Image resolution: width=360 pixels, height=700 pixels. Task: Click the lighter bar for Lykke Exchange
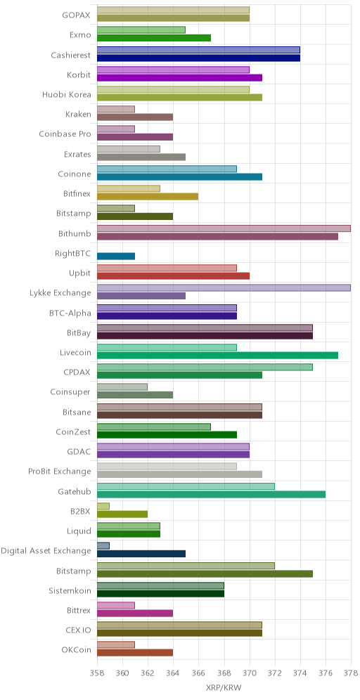click(224, 288)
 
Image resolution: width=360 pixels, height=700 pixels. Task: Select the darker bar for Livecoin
click(217, 356)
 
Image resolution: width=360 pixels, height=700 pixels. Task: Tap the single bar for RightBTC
click(116, 257)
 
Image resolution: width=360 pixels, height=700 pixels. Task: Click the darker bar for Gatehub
click(211, 495)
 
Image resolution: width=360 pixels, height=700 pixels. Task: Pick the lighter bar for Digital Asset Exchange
click(103, 545)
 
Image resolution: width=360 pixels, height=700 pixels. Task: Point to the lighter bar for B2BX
click(103, 506)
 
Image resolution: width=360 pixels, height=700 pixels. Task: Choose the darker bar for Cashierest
click(198, 58)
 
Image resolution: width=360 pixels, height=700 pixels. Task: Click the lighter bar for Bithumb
click(224, 228)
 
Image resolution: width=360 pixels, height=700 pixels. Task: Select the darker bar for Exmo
click(154, 38)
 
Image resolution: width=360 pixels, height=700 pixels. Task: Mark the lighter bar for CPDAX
click(205, 368)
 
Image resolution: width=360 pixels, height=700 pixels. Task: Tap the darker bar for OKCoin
click(135, 653)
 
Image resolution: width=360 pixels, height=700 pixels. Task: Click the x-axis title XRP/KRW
click(224, 687)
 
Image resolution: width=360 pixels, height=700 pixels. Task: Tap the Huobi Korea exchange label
click(67, 95)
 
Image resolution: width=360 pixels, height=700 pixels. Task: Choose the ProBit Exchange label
click(59, 472)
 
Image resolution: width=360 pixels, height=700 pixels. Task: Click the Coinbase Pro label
click(65, 134)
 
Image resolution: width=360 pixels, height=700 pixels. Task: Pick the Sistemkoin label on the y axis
click(70, 591)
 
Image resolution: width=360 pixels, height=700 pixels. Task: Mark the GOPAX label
click(77, 15)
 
